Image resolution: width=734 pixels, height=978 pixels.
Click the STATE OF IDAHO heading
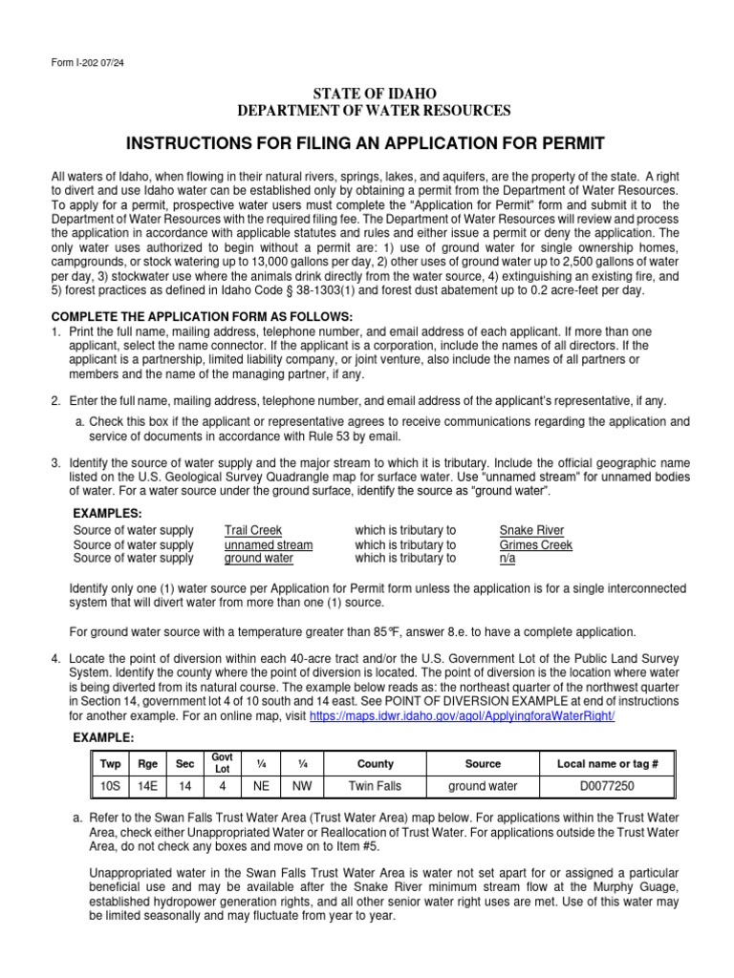coord(374,94)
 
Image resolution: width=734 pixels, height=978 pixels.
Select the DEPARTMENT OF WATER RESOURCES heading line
coord(374,111)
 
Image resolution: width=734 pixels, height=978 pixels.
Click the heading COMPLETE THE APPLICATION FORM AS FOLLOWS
coord(202,316)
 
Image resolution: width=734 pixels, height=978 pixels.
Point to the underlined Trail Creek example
coord(253,530)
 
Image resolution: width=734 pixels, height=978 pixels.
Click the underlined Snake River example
coord(531,530)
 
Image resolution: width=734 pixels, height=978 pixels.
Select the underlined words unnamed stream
coord(269,544)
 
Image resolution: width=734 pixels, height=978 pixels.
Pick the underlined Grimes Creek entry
coord(536,544)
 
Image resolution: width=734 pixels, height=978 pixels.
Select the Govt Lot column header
coord(222,763)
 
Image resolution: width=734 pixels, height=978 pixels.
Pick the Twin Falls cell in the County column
coord(375,786)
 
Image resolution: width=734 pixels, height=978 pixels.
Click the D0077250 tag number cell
coord(600,786)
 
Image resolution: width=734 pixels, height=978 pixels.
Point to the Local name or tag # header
coord(600,764)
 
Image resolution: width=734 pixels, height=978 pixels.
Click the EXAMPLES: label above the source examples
coord(107,513)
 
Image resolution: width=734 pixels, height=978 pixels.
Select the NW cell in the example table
coord(300,786)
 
